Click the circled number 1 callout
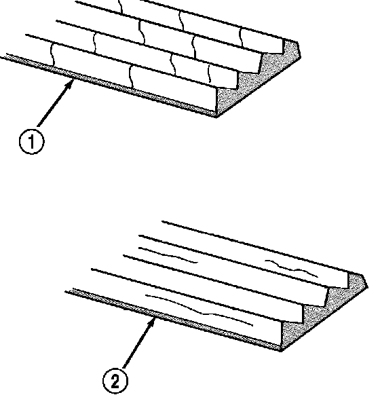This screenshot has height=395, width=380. (x=31, y=141)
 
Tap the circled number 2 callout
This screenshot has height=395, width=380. (x=115, y=381)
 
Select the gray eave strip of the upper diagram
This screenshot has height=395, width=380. (x=109, y=85)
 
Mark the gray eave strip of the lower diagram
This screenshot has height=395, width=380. (x=173, y=320)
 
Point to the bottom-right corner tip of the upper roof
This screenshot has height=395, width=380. (x=216, y=117)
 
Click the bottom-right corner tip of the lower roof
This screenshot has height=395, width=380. (x=281, y=351)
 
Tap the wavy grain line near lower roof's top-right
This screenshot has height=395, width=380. (x=291, y=269)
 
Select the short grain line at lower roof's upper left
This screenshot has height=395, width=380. (x=168, y=255)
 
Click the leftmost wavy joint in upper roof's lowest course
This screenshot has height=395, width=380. (x=53, y=55)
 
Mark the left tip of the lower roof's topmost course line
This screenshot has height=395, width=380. (x=162, y=221)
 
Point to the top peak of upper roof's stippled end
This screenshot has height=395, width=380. (x=297, y=43)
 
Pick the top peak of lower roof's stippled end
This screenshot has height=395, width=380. (x=362, y=276)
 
